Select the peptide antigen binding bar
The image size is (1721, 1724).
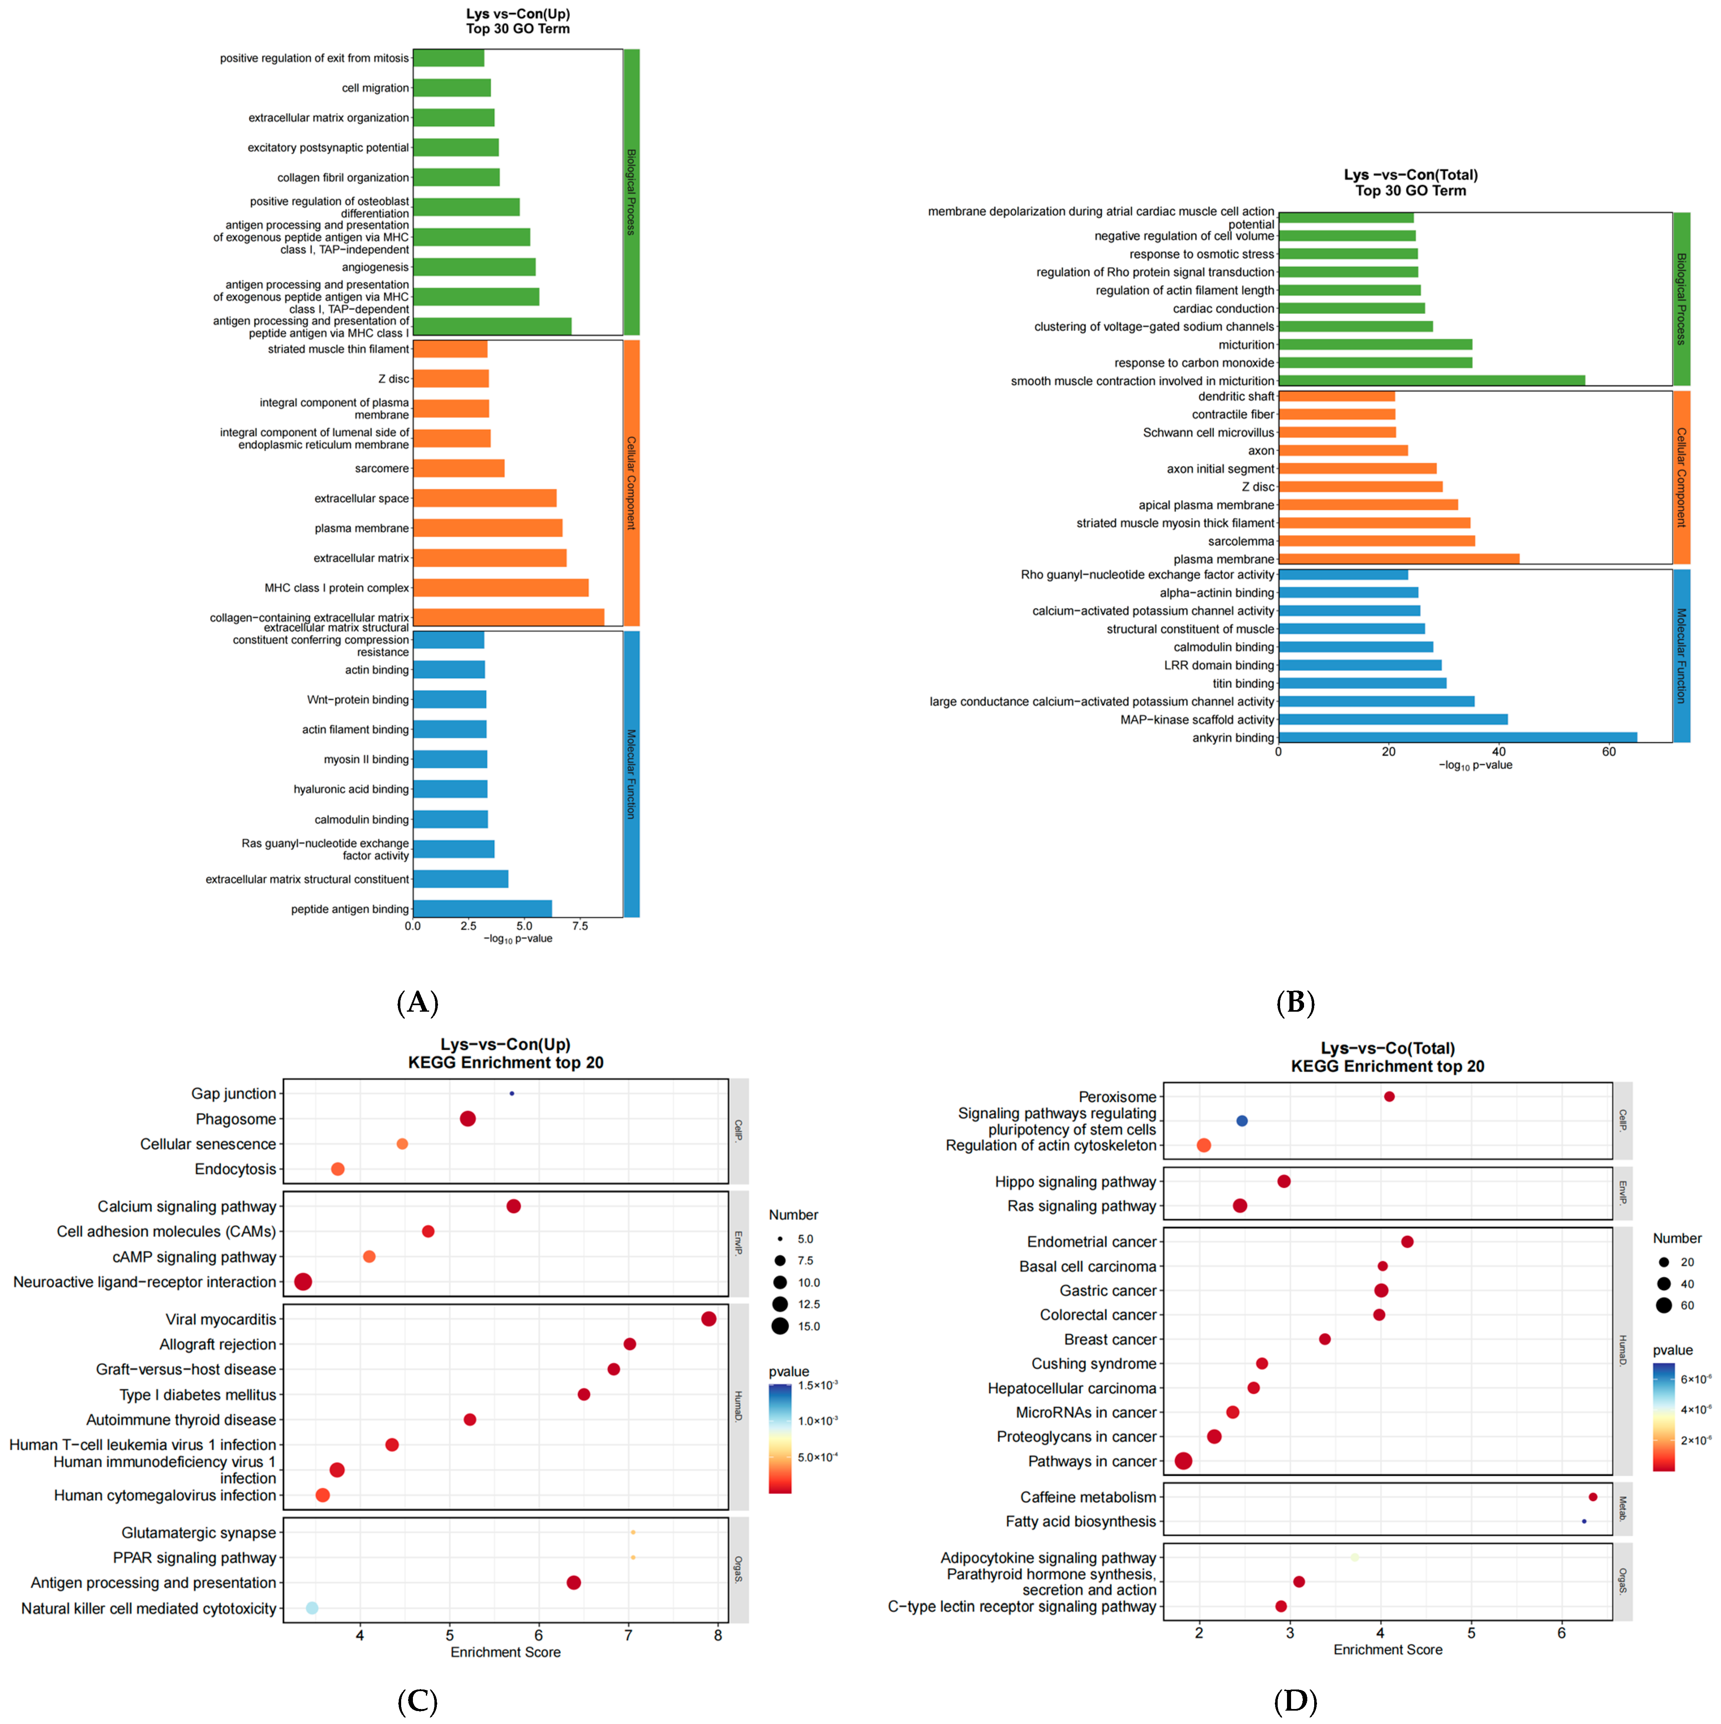point(482,908)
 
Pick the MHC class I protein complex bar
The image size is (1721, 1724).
point(500,587)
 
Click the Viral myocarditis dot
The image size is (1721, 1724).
point(708,1319)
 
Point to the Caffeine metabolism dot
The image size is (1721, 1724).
point(1592,1496)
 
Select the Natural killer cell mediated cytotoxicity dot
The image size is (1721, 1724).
point(312,1608)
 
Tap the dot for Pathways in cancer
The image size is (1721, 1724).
point(1183,1461)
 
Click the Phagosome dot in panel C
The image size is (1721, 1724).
point(468,1118)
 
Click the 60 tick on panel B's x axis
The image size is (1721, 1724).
point(1609,751)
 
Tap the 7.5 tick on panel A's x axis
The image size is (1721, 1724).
point(580,925)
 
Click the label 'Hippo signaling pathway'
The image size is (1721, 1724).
point(1075,1182)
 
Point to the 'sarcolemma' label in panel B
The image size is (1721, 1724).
point(1240,541)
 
